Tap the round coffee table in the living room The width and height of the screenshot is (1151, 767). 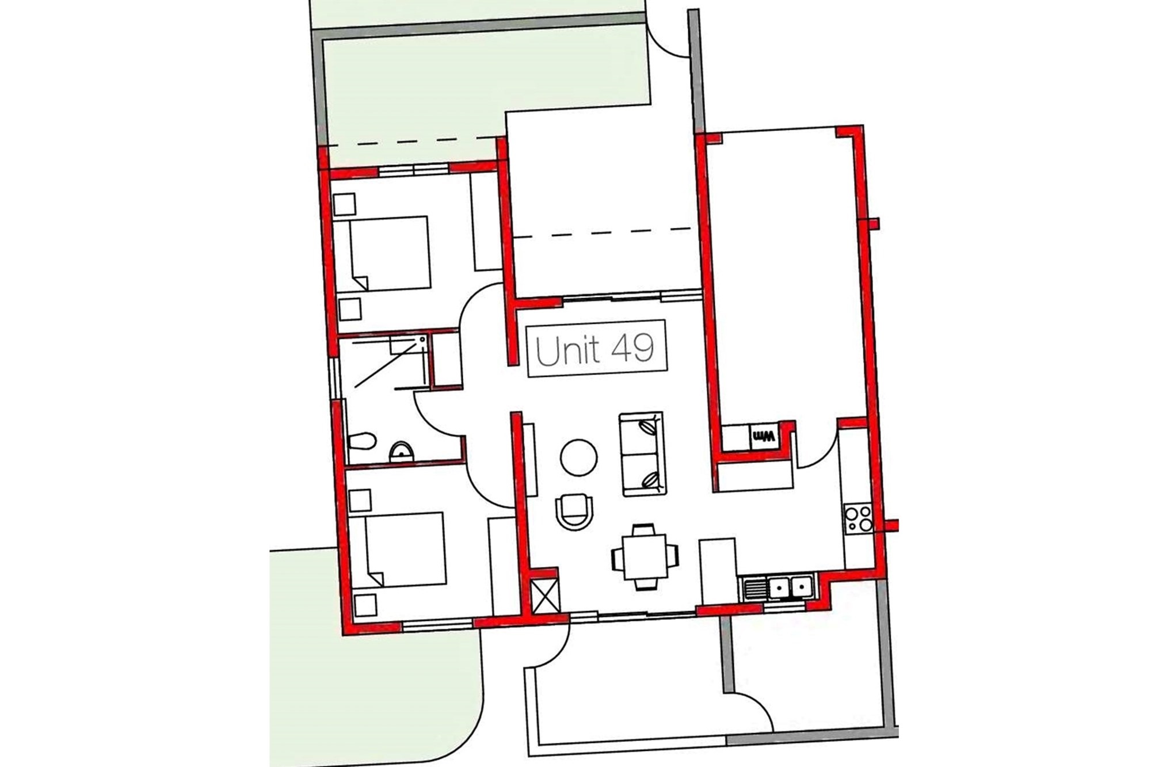[578, 457]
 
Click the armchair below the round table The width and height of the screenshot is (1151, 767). [574, 512]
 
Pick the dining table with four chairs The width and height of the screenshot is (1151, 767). [645, 557]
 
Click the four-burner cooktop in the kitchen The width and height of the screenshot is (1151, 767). [858, 518]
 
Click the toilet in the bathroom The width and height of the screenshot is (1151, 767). [361, 442]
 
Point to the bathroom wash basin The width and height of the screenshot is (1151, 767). [401, 452]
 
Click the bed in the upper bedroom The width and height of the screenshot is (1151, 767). [382, 253]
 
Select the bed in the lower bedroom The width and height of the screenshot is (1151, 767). [398, 550]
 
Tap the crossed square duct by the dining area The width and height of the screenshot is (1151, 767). [544, 596]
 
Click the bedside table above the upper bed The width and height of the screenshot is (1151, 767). [345, 204]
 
